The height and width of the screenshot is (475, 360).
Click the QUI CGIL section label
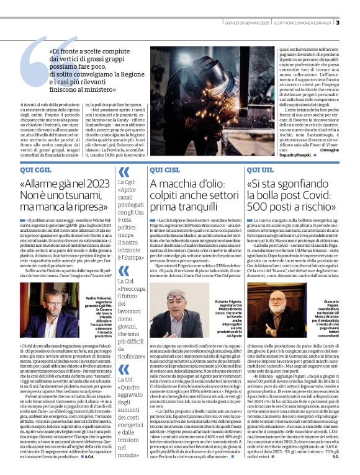35,169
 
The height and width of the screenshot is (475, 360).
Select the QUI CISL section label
164,169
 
